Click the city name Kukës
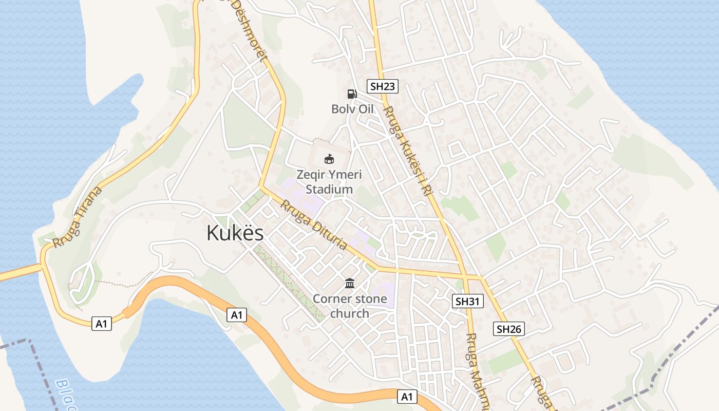pyautogui.click(x=235, y=233)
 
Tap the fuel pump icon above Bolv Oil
pyautogui.click(x=352, y=94)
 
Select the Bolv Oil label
pyautogui.click(x=352, y=109)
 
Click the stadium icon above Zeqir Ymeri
pyautogui.click(x=329, y=159)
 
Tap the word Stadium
pyautogui.click(x=329, y=189)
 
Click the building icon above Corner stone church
pyautogui.click(x=350, y=283)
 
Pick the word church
pyautogui.click(x=349, y=313)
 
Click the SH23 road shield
pyautogui.click(x=383, y=86)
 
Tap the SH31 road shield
pyautogui.click(x=468, y=301)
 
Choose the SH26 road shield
pyautogui.click(x=509, y=329)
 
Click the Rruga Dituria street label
pyautogui.click(x=314, y=225)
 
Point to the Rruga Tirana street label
pyautogui.click(x=78, y=217)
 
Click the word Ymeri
pyautogui.click(x=345, y=175)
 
